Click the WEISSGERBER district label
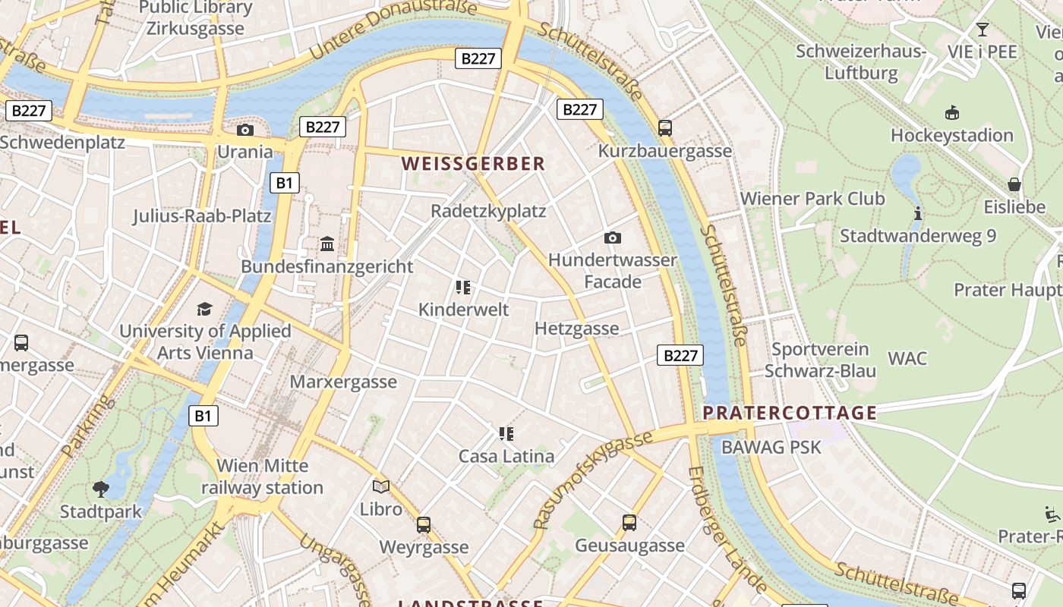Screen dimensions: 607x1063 [x=473, y=163]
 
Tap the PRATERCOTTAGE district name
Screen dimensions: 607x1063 [x=790, y=413]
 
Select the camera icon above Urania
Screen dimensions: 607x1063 [x=244, y=130]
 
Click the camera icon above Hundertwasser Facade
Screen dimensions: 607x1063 [x=613, y=237]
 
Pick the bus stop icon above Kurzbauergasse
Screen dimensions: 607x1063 [x=665, y=127]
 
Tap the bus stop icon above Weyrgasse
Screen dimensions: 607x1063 [x=424, y=524]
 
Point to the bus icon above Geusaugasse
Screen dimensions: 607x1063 [x=629, y=522]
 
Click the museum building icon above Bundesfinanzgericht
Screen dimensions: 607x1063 [x=327, y=244]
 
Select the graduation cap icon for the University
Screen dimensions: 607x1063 [x=205, y=309]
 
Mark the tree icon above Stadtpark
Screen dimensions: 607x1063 [x=101, y=489]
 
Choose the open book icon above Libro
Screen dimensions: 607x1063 [x=381, y=486]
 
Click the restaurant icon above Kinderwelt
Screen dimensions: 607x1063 [x=463, y=287]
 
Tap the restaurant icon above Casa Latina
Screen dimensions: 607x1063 [x=506, y=434]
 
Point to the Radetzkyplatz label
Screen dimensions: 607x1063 [x=488, y=211]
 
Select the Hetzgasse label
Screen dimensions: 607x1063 [x=577, y=329]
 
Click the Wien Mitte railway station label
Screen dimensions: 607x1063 [x=263, y=476]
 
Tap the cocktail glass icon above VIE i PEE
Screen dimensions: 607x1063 [x=983, y=30]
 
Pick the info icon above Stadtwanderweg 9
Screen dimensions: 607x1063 [x=918, y=213]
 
